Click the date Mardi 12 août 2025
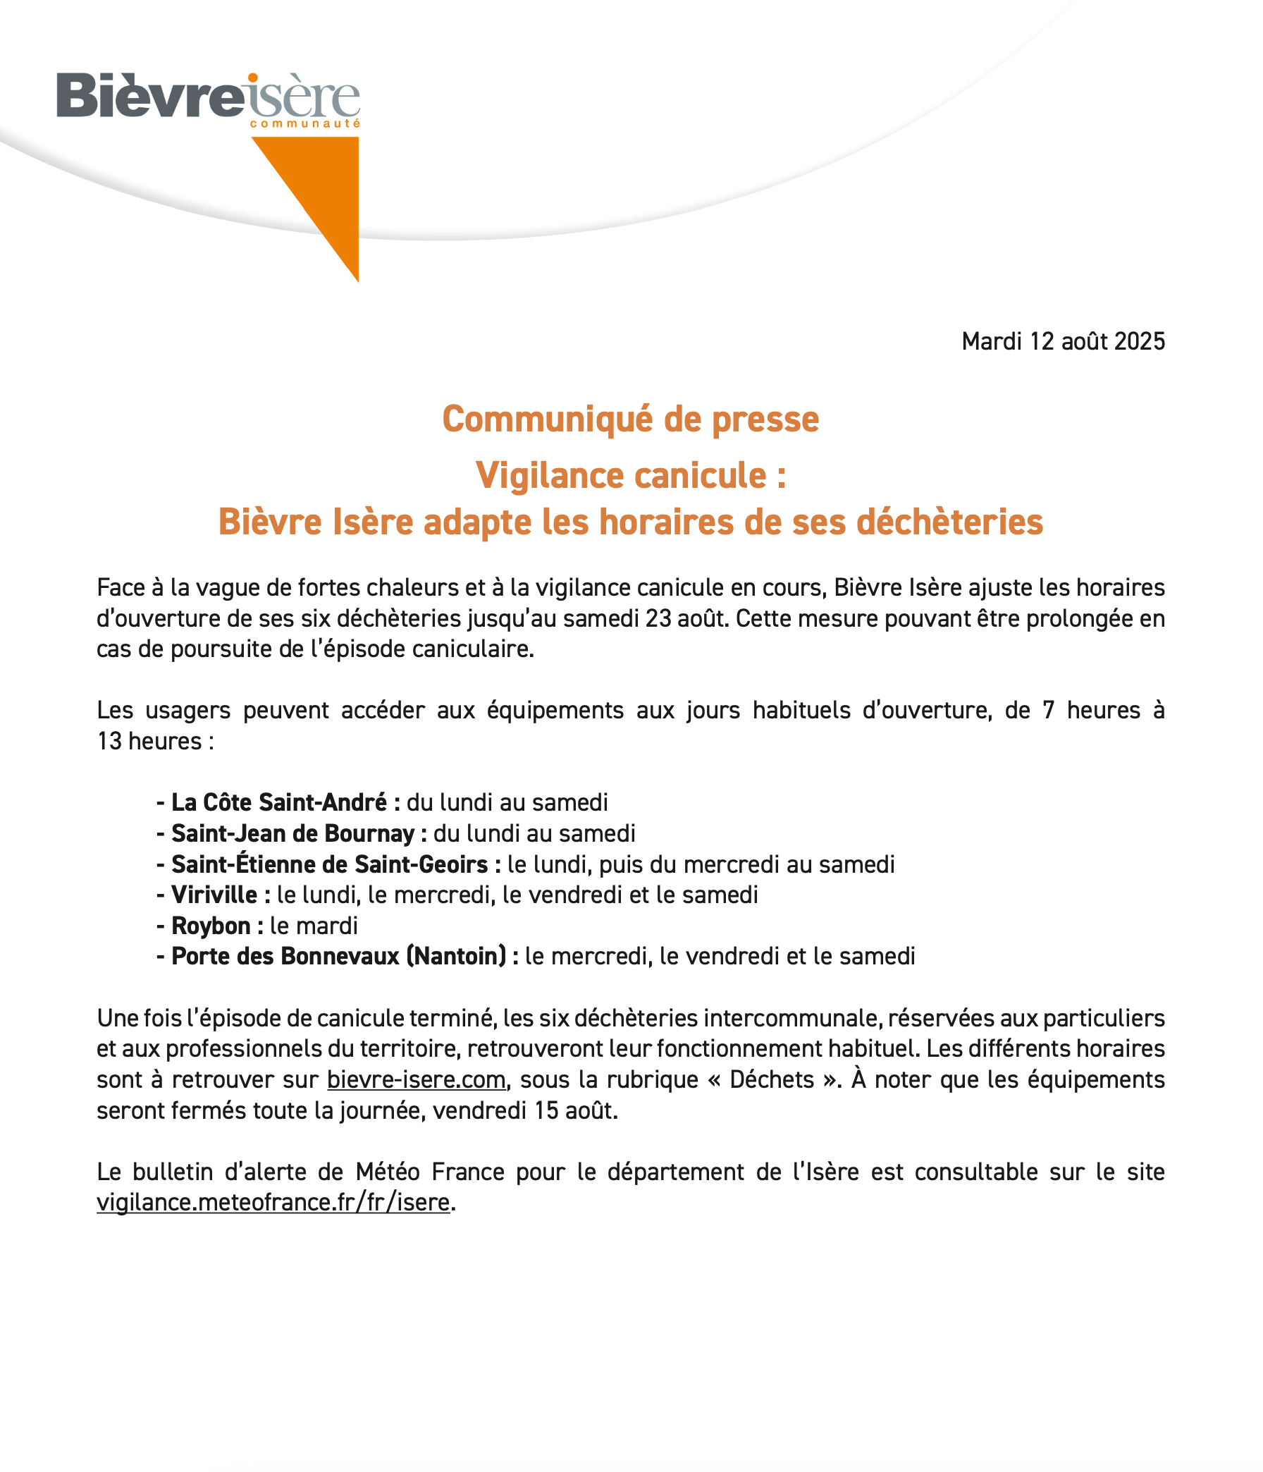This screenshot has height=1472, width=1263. click(1063, 342)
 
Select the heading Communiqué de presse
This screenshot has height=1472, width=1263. click(630, 419)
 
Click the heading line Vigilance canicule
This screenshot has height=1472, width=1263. click(630, 475)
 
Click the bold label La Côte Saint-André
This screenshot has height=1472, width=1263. click(278, 802)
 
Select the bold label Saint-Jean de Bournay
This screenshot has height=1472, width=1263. click(292, 833)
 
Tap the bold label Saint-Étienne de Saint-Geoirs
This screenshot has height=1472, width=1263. click(330, 864)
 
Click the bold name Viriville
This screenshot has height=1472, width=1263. click(214, 895)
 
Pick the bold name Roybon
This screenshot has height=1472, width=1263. click(211, 926)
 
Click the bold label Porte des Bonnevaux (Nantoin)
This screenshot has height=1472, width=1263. click(339, 956)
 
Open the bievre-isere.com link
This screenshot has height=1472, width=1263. click(417, 1080)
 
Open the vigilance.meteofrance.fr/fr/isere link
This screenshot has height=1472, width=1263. click(273, 1203)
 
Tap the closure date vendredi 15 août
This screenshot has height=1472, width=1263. click(525, 1110)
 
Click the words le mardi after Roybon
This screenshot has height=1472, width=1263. click(314, 926)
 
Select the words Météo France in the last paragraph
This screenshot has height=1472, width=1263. click(430, 1172)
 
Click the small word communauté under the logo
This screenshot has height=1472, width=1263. click(304, 123)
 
